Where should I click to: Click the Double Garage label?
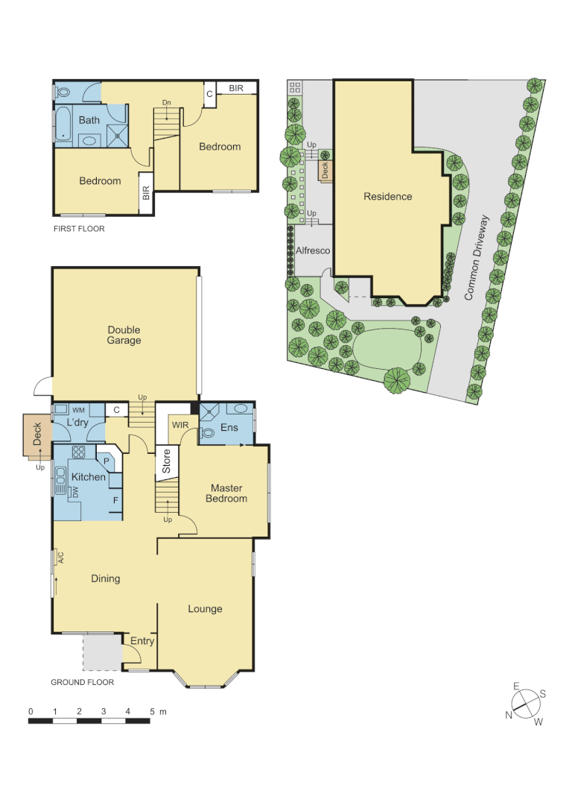point(124,335)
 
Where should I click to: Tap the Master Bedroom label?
point(226,493)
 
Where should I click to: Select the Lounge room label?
point(205,609)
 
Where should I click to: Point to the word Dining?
point(105,578)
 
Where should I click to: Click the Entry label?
point(142,641)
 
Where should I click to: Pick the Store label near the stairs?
point(167,461)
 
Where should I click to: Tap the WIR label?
point(180,425)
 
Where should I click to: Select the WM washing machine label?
point(78,411)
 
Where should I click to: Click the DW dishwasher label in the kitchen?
point(75,492)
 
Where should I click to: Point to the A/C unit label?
point(60,558)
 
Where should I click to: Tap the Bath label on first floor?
point(89,120)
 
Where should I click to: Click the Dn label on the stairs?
point(166,103)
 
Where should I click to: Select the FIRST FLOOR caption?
point(79,229)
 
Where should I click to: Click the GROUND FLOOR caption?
point(82,682)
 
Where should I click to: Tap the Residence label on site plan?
point(387,197)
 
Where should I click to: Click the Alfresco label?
point(313,250)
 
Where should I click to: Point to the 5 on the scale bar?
point(152,712)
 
